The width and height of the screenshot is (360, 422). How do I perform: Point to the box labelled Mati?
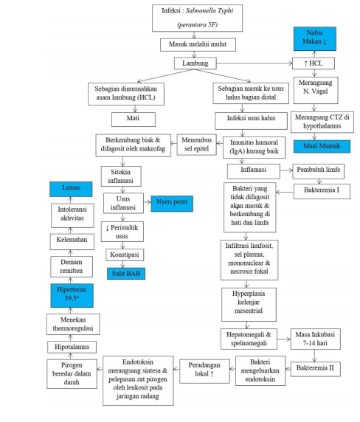[133, 117]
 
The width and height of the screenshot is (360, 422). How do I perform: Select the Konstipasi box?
[124, 253]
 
